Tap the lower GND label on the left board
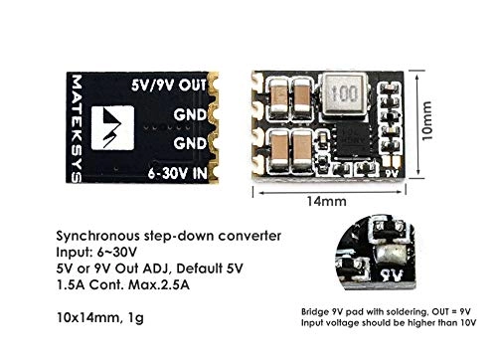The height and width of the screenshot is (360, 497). coord(193,142)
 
